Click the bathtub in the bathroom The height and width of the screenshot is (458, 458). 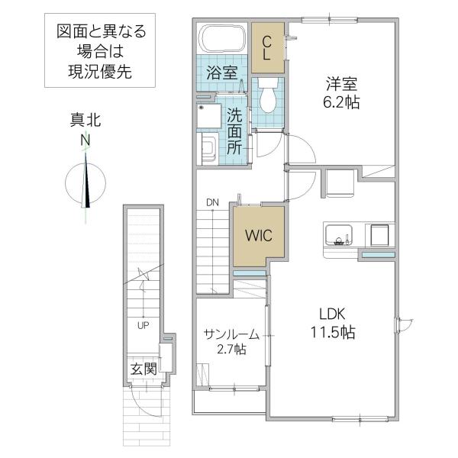click(222, 39)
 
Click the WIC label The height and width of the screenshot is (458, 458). click(259, 235)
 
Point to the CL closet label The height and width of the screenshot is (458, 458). click(266, 48)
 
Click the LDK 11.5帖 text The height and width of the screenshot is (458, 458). click(333, 324)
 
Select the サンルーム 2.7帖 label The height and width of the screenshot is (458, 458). click(231, 341)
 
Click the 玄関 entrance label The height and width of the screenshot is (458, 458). click(144, 369)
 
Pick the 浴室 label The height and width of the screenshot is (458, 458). click(222, 73)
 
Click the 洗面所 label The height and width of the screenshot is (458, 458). click(234, 131)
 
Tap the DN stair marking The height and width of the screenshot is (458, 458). click(212, 202)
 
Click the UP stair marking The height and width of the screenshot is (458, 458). click(144, 325)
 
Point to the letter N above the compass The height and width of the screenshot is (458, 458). click(85, 140)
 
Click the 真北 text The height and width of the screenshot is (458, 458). click(85, 120)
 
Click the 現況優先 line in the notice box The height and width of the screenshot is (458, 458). click(100, 72)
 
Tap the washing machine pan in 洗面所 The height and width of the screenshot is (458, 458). click(209, 116)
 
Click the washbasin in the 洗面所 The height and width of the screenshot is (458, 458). click(208, 149)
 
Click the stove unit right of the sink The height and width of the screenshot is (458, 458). click(379, 235)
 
